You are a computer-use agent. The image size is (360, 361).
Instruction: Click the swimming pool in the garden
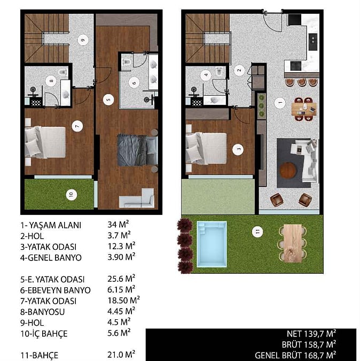point(212,244)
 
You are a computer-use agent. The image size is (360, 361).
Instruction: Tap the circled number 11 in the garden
point(257,232)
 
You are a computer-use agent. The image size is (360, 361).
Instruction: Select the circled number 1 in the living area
point(280,103)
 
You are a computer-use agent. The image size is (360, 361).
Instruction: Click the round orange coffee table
point(287,171)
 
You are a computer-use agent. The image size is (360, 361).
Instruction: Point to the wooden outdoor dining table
point(293,243)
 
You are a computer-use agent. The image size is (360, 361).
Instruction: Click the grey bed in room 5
point(137,150)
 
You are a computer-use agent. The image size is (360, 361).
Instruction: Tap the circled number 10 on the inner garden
point(71,195)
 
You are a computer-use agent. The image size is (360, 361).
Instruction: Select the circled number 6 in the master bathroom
point(134,83)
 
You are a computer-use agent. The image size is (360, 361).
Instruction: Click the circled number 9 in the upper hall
point(83,40)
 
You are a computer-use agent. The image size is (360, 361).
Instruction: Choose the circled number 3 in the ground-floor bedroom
point(238,149)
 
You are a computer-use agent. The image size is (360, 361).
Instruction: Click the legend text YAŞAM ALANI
point(55,225)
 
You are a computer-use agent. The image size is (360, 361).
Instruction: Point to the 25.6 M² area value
point(121,279)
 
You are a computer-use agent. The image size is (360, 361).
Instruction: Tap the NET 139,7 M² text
point(311,334)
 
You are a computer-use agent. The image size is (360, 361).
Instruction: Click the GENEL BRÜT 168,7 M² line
point(295,355)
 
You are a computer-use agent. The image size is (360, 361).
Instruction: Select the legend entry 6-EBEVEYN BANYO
point(56,290)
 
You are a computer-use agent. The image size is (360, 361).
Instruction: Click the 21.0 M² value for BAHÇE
point(121,355)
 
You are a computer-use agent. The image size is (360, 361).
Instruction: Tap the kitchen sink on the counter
point(312,42)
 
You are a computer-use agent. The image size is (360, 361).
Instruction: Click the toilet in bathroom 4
point(220,71)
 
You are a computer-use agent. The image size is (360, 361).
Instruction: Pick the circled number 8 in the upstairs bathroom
point(51,81)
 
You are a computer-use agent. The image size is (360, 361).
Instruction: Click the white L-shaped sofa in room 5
point(137,199)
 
